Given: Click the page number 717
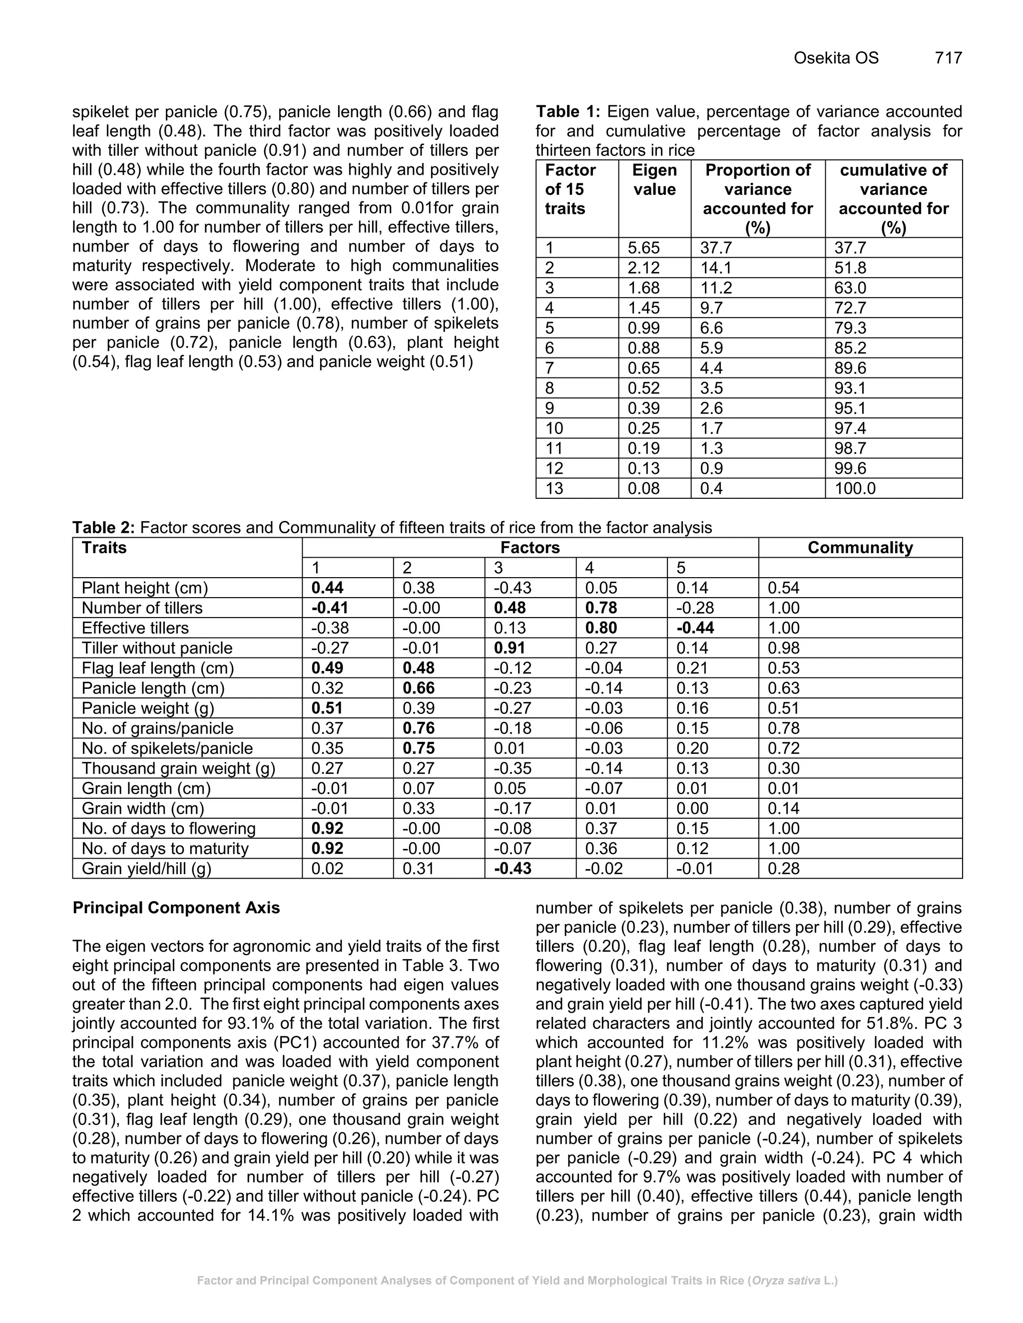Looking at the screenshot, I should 948,58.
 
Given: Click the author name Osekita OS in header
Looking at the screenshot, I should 836,58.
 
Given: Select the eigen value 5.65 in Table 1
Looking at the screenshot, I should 643,248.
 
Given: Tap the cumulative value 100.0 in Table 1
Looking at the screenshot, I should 855,488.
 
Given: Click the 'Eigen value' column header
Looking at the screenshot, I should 654,180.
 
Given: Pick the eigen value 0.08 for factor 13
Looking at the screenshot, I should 643,488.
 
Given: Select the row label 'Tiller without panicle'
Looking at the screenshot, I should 157,648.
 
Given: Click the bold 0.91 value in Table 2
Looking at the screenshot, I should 509,648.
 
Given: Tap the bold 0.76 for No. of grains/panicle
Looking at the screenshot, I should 418,728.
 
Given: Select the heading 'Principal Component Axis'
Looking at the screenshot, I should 176,908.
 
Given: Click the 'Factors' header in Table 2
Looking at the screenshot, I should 529,548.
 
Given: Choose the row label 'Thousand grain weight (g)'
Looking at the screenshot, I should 178,768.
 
